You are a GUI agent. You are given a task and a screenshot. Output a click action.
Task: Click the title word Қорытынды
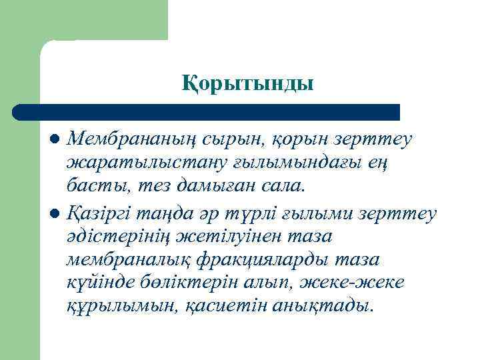(247, 84)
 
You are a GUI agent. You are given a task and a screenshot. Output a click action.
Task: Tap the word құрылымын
(115, 305)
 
